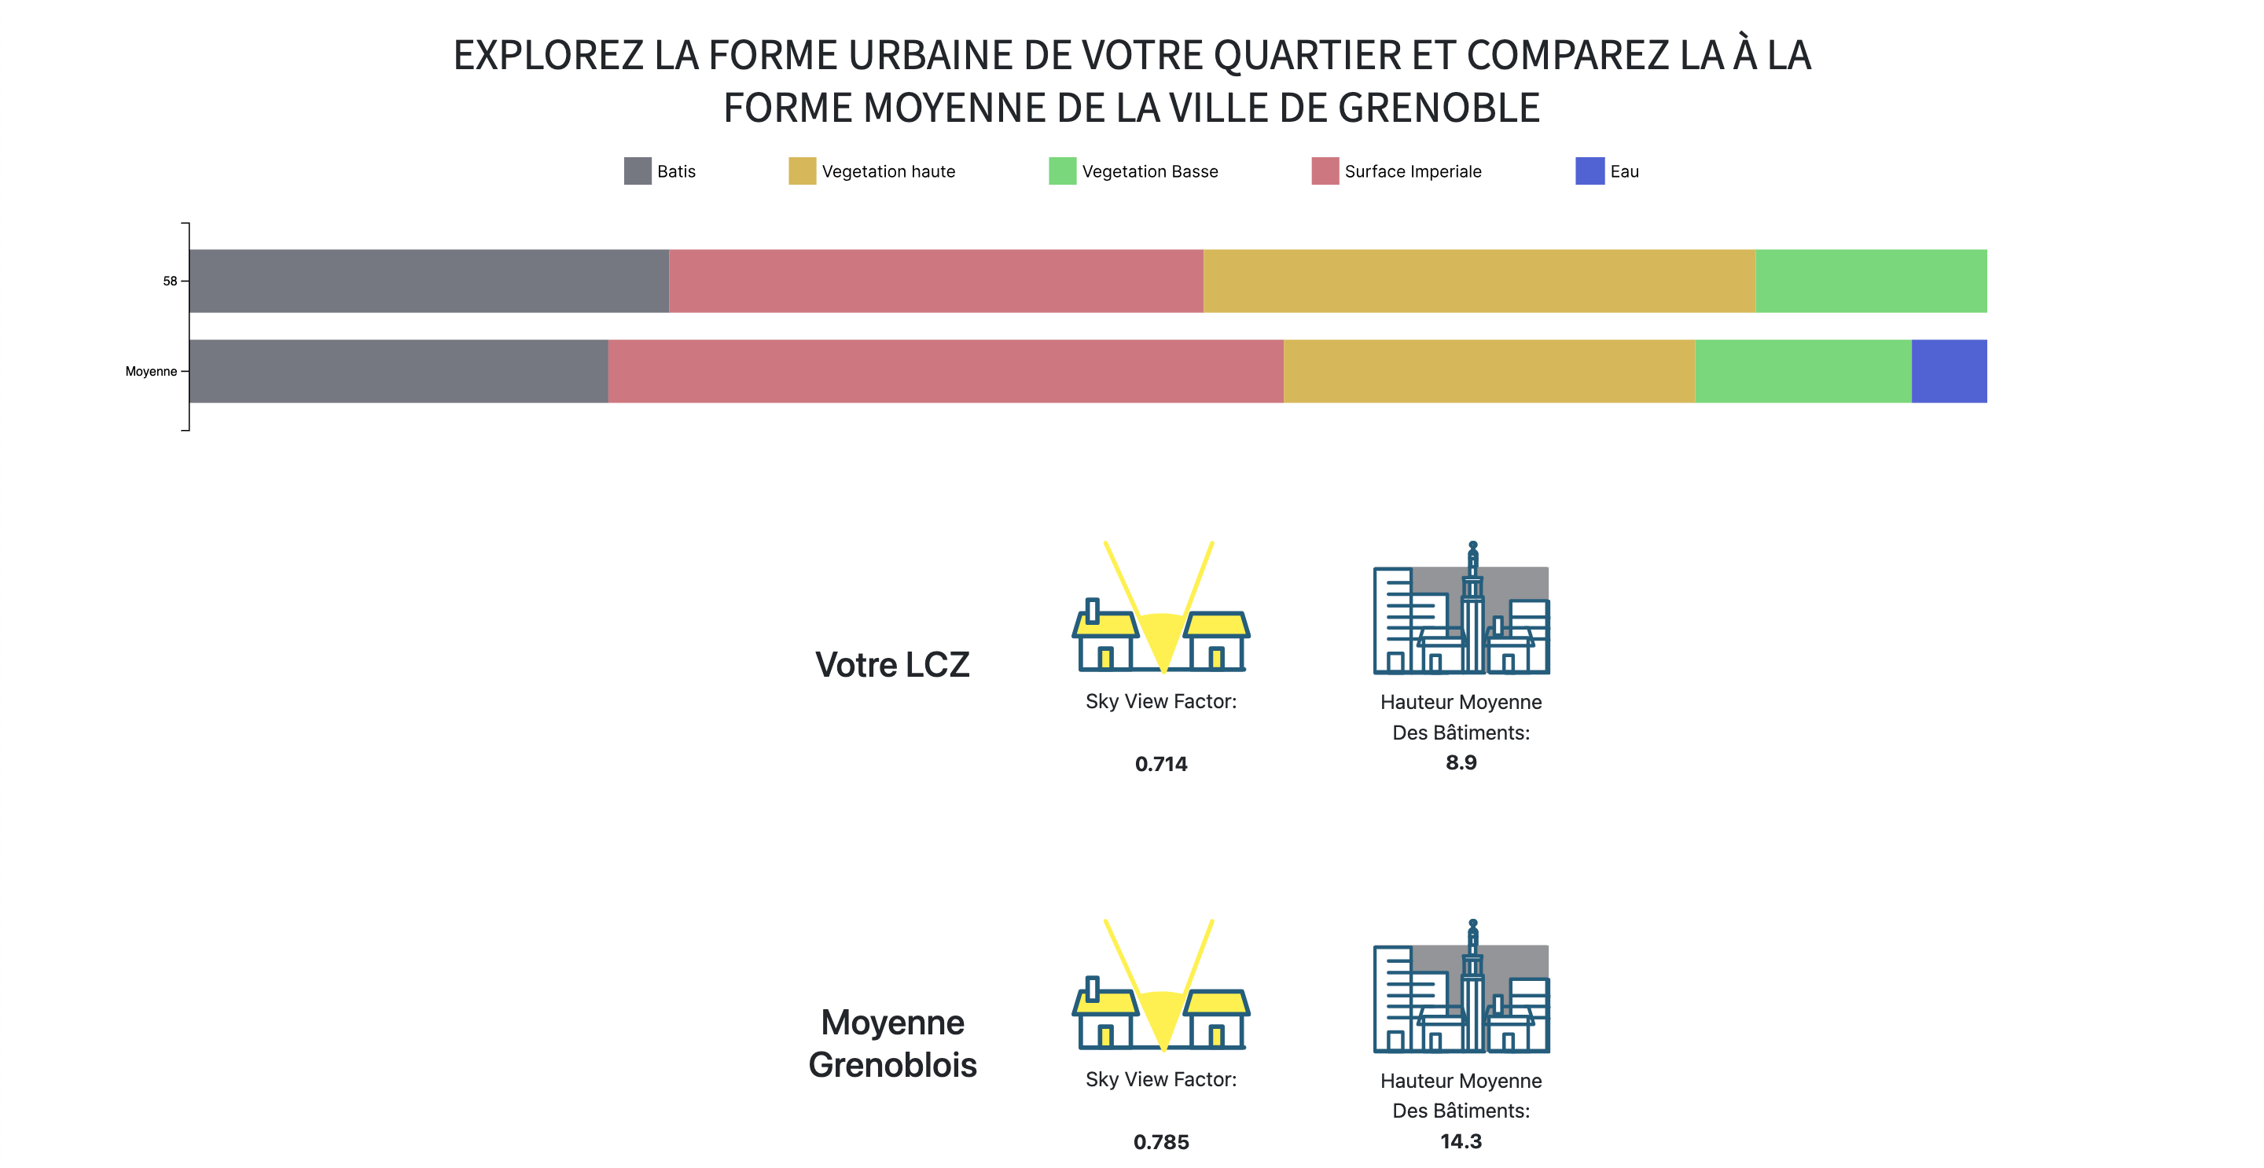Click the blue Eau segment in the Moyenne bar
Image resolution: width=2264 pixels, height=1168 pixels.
1949,371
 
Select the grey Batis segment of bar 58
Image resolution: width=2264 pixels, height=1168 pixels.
429,281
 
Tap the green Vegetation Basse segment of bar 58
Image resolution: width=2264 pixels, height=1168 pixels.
1871,281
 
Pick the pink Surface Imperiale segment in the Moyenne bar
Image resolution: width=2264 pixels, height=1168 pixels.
946,371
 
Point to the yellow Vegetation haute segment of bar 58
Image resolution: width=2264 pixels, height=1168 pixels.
1479,281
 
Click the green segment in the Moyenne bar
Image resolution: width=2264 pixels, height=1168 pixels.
1803,371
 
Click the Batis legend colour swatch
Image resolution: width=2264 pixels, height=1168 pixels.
638,171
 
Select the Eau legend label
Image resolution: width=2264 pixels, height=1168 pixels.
1624,171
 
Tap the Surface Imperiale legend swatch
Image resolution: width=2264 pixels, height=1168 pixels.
1325,171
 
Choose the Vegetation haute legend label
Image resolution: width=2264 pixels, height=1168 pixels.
888,171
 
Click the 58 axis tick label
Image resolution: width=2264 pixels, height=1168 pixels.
170,281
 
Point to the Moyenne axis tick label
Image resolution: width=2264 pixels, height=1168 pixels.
151,371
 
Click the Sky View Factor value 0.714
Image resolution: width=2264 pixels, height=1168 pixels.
1161,764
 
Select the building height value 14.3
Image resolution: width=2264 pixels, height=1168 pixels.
1461,1140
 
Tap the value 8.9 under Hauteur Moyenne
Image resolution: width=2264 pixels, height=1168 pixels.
1461,762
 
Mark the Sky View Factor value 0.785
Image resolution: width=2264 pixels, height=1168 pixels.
1161,1141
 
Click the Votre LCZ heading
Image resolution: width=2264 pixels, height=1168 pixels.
892,664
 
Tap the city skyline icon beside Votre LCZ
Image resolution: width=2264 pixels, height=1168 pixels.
1461,608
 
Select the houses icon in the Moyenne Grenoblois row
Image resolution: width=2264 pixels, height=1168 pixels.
1161,985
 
